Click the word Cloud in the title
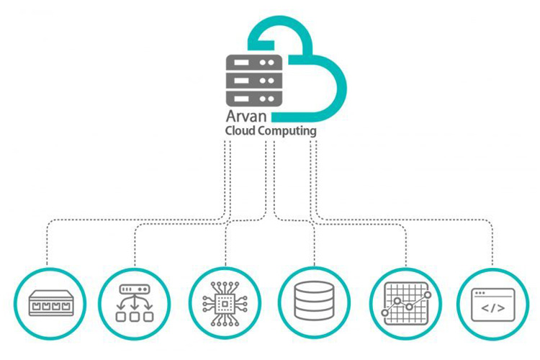click(x=241, y=132)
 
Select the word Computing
click(x=288, y=132)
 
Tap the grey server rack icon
click(x=252, y=79)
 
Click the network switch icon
click(x=51, y=302)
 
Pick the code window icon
click(x=492, y=302)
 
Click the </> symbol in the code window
click(x=492, y=307)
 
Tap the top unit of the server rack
click(x=252, y=63)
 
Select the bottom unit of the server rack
click(x=252, y=96)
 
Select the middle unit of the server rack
click(x=252, y=79)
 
